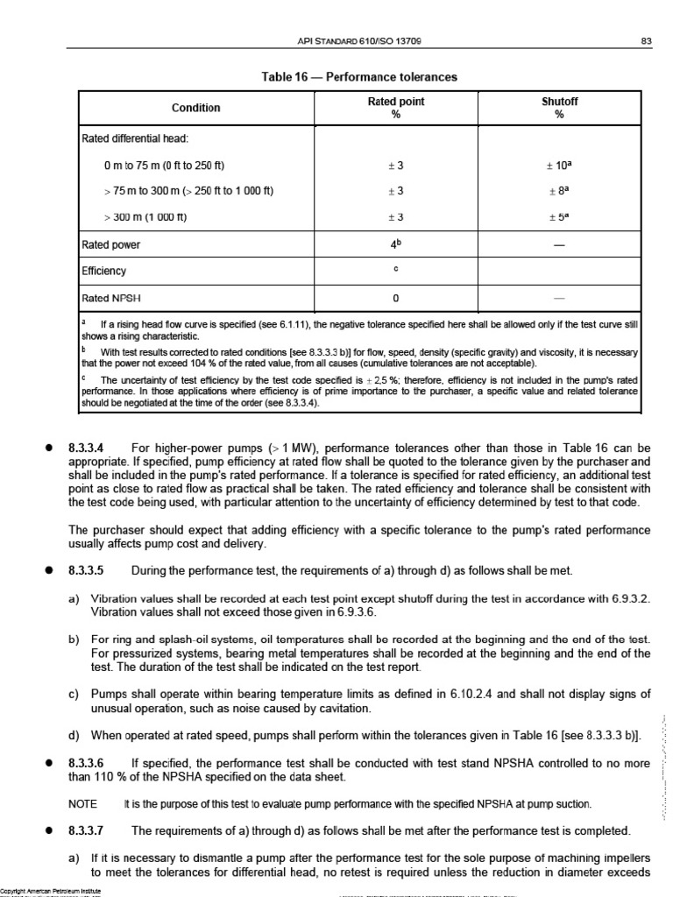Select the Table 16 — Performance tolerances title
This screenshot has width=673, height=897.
[x=359, y=77]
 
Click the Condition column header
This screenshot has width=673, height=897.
[x=195, y=108]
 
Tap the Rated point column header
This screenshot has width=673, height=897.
[x=395, y=108]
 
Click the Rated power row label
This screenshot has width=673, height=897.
[x=112, y=245]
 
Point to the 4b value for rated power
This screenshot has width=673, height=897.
[x=396, y=244]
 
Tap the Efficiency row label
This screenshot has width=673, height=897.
[x=104, y=272]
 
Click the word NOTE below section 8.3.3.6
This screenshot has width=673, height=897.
[x=82, y=803]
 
